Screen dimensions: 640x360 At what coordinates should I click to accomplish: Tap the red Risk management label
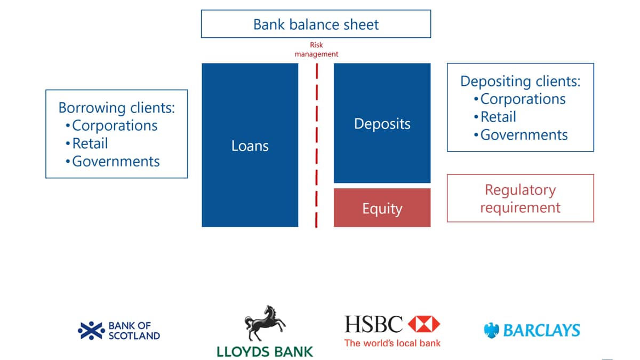point(316,50)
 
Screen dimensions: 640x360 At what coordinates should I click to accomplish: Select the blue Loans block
point(250,145)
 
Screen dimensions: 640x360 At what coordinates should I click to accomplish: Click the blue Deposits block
point(382,123)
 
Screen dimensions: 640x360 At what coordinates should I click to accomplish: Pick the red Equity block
point(382,207)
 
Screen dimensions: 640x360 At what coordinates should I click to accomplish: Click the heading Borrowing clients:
point(117,108)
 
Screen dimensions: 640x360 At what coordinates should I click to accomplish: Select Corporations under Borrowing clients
point(115,126)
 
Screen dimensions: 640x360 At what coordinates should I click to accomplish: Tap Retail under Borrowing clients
point(90,143)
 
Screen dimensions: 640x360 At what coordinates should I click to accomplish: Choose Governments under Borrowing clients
point(116,162)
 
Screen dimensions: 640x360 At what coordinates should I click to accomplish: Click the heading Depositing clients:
point(521,82)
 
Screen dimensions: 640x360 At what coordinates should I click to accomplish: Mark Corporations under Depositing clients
point(523,99)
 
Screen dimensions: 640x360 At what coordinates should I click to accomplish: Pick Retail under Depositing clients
point(498,117)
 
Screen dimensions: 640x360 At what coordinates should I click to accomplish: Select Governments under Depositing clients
point(524,135)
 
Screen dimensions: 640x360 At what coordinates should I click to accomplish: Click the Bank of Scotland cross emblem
point(91,331)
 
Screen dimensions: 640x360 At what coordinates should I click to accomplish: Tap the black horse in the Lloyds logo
point(265,323)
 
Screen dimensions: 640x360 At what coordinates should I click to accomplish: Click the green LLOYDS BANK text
point(265,351)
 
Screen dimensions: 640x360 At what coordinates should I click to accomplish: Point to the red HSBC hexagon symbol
point(423,324)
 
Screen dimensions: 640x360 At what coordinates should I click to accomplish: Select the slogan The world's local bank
point(393,343)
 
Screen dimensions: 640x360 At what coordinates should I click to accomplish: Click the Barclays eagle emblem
point(491,331)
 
